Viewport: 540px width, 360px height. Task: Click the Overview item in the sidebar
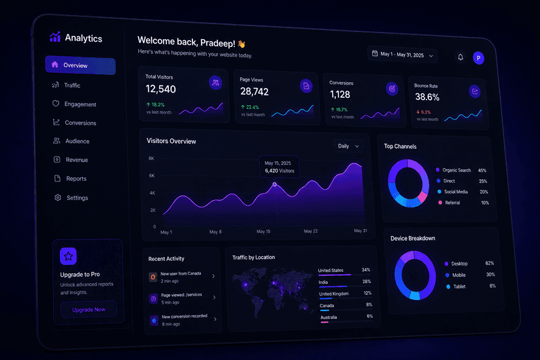(80, 65)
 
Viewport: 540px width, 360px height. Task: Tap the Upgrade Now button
(89, 309)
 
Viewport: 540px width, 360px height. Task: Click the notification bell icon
(460, 57)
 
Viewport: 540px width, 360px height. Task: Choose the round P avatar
(478, 58)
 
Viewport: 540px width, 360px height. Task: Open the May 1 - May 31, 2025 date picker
(402, 54)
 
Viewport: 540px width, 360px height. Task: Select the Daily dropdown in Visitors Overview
(348, 146)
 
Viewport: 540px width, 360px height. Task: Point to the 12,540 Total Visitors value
(160, 89)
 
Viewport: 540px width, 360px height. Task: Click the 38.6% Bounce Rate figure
(427, 97)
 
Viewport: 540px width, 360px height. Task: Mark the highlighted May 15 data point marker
(275, 185)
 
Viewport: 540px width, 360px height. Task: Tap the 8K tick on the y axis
(151, 158)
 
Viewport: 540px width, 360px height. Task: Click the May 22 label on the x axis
(310, 231)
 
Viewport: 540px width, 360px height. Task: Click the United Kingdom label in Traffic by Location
(334, 294)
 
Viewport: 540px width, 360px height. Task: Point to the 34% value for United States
(366, 270)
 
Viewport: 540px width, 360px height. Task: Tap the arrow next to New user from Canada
(213, 277)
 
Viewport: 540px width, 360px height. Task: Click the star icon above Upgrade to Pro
(68, 256)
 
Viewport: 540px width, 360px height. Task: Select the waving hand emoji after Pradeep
(241, 44)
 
